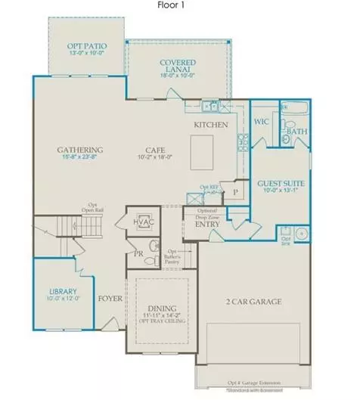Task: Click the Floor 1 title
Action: (179, 5)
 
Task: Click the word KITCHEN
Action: (212, 123)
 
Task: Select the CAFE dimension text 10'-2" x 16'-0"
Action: (157, 158)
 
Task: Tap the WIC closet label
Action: (262, 120)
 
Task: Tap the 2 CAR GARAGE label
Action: (253, 302)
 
